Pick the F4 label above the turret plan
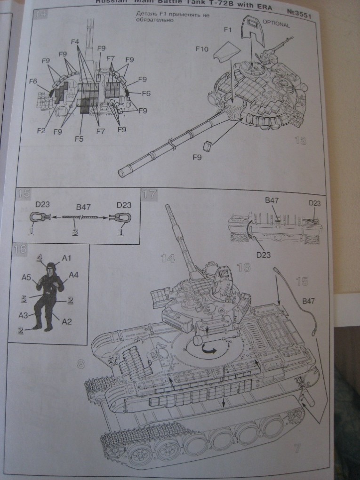tap(74, 42)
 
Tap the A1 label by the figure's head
tap(66, 258)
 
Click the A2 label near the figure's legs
tap(66, 322)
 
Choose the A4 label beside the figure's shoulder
tap(73, 274)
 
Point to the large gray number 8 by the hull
tap(81, 363)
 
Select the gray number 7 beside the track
tap(297, 448)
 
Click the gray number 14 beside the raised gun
tap(167, 257)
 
